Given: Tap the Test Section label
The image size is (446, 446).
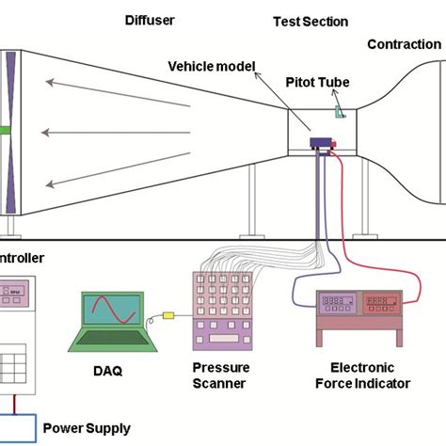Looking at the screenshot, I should click(x=310, y=22).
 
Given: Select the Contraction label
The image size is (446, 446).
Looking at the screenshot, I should click(x=405, y=44).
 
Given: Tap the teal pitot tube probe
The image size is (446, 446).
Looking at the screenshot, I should click(x=339, y=112).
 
